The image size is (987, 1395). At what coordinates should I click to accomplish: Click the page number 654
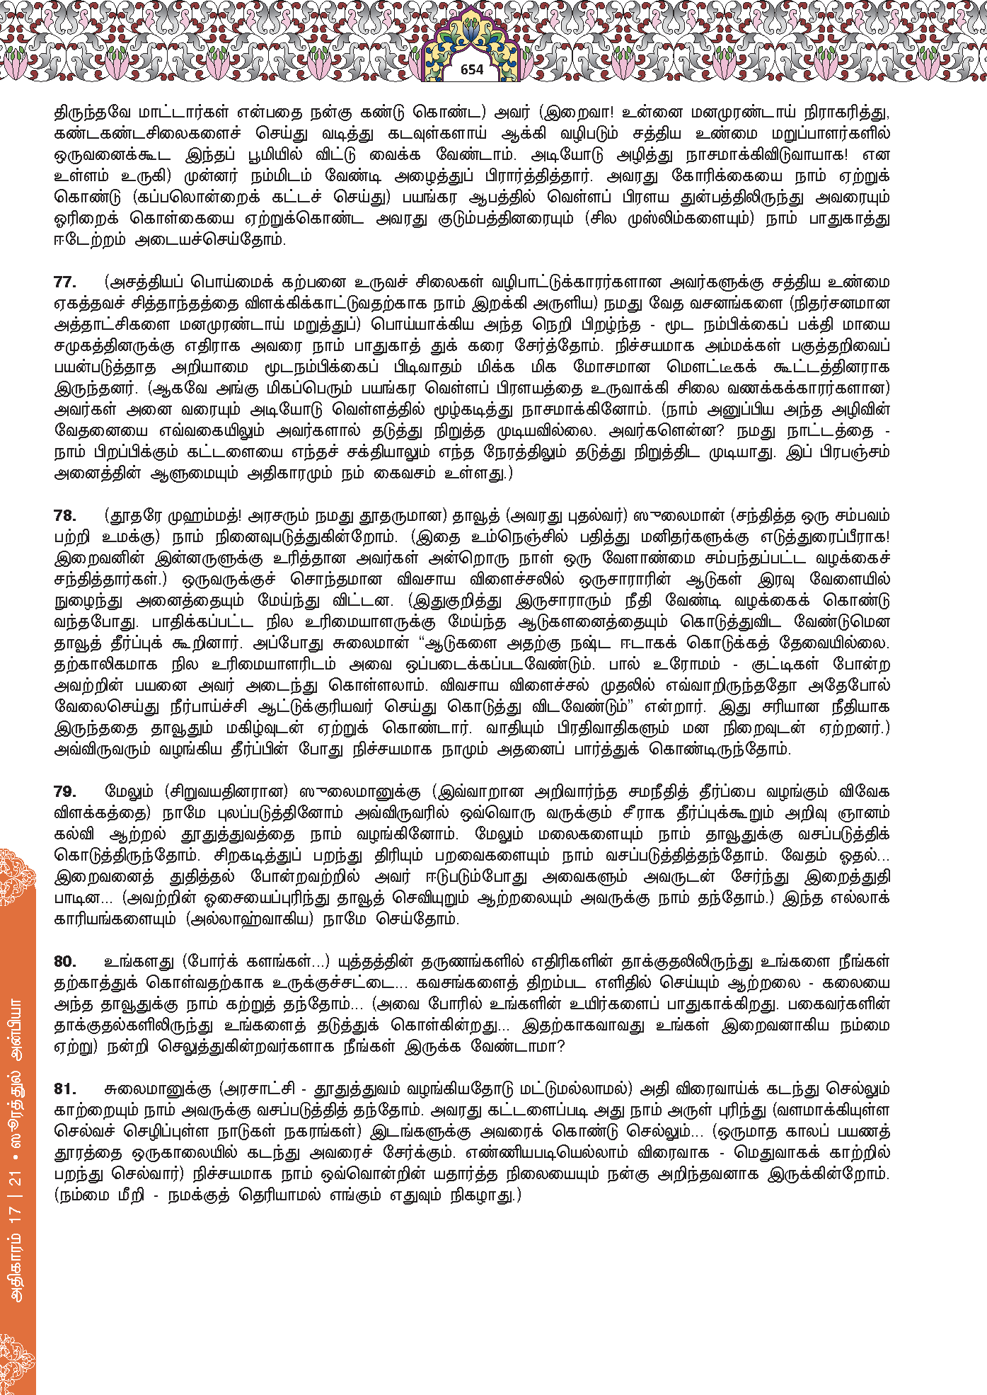point(471,69)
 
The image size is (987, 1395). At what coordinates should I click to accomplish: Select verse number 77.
point(64,282)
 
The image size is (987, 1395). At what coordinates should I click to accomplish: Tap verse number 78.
point(64,515)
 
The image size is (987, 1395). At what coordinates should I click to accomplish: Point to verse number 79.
point(64,791)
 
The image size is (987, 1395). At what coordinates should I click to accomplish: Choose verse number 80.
point(64,961)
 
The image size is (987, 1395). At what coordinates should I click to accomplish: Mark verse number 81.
point(64,1089)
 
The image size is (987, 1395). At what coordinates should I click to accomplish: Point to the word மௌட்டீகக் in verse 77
point(712,367)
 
